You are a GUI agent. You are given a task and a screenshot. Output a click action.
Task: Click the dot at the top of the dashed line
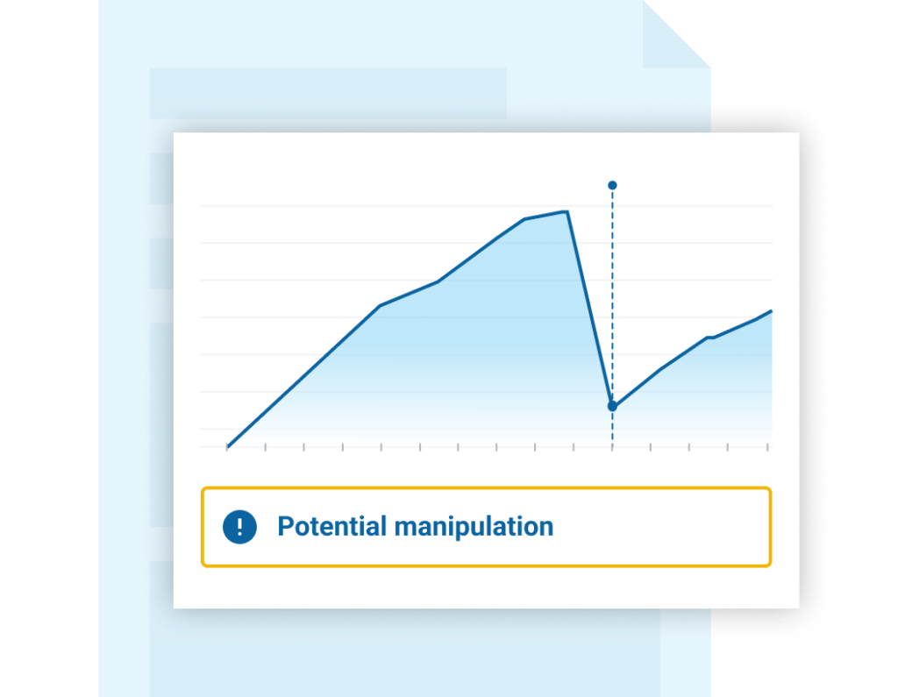pyautogui.click(x=612, y=185)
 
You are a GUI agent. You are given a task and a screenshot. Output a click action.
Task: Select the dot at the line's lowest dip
pyautogui.click(x=612, y=406)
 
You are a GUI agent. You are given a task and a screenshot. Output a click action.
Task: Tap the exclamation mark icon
pyautogui.click(x=239, y=526)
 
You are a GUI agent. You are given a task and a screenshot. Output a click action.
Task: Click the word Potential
pyautogui.click(x=332, y=526)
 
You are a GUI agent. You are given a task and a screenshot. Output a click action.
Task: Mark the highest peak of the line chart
pyautogui.click(x=567, y=212)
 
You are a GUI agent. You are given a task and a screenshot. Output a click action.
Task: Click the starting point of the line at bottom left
pyautogui.click(x=227, y=446)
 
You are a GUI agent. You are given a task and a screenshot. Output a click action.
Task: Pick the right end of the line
pyautogui.click(x=772, y=311)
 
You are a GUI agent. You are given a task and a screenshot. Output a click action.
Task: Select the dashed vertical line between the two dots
pyautogui.click(x=612, y=295)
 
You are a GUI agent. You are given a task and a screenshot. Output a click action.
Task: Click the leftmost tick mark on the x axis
pyautogui.click(x=227, y=447)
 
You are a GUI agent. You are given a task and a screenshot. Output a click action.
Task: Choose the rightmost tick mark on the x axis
pyautogui.click(x=766, y=447)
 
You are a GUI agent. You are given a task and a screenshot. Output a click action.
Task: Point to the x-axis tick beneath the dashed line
pyautogui.click(x=612, y=447)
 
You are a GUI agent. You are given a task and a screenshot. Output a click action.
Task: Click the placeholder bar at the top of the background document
pyautogui.click(x=328, y=93)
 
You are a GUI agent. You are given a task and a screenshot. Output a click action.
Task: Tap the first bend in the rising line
pyautogui.click(x=381, y=306)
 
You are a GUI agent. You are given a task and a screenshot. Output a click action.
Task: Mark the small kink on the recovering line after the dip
pyautogui.click(x=709, y=338)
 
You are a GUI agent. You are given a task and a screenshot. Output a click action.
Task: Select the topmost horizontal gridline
pyautogui.click(x=486, y=205)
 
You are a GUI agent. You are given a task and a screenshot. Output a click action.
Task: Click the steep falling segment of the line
pyautogui.click(x=590, y=309)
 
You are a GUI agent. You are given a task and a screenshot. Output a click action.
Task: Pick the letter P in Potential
pyautogui.click(x=285, y=526)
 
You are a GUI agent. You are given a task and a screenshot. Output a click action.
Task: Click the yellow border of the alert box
pyautogui.click(x=486, y=488)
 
